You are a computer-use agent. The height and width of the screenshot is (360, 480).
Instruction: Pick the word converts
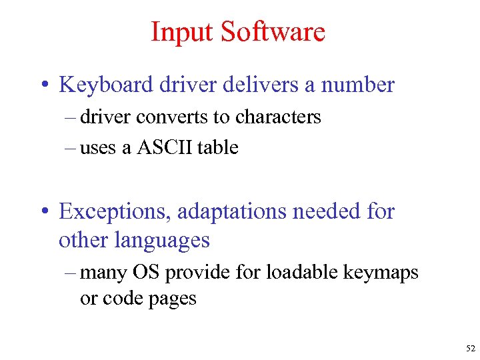click(172, 117)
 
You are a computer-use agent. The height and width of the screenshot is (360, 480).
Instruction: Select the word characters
click(276, 117)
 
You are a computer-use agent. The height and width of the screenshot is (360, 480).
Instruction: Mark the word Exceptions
click(110, 212)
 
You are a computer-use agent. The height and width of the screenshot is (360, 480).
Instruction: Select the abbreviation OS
click(146, 272)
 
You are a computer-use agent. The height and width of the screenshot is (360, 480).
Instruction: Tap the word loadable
click(293, 272)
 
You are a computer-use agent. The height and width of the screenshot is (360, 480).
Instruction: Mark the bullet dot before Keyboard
click(42, 86)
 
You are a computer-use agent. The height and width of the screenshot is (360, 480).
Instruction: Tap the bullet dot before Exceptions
click(42, 213)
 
